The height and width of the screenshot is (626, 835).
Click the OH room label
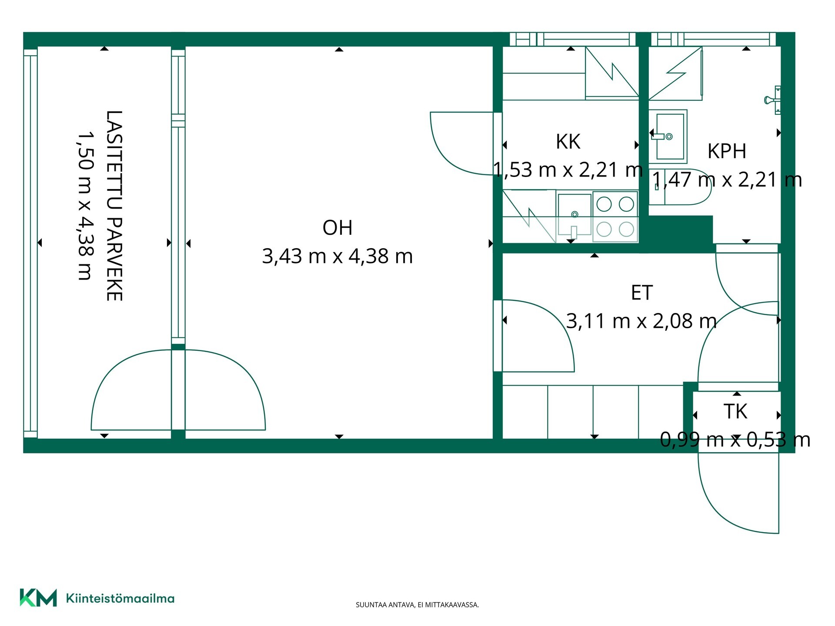[337, 228]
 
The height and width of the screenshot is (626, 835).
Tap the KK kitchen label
[568, 142]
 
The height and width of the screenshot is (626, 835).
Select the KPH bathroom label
[727, 151]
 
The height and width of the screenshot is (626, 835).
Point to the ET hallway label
[642, 293]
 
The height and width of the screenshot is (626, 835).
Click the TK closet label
[735, 411]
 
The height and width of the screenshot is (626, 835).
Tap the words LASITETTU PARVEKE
[114, 206]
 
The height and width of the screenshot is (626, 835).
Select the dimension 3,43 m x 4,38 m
[337, 256]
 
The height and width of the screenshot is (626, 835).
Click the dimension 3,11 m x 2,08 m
[641, 321]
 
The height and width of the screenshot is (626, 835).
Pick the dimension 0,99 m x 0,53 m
[735, 440]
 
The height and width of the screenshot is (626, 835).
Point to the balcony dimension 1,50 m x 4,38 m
[85, 206]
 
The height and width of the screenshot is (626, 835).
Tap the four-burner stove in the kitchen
[615, 216]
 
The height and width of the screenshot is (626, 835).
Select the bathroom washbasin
[669, 136]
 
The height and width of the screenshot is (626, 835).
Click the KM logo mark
[38, 597]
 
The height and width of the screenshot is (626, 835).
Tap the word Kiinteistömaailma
[120, 598]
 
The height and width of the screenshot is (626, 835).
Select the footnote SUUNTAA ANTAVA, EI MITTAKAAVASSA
[417, 605]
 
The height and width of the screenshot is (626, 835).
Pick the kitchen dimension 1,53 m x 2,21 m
[568, 170]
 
